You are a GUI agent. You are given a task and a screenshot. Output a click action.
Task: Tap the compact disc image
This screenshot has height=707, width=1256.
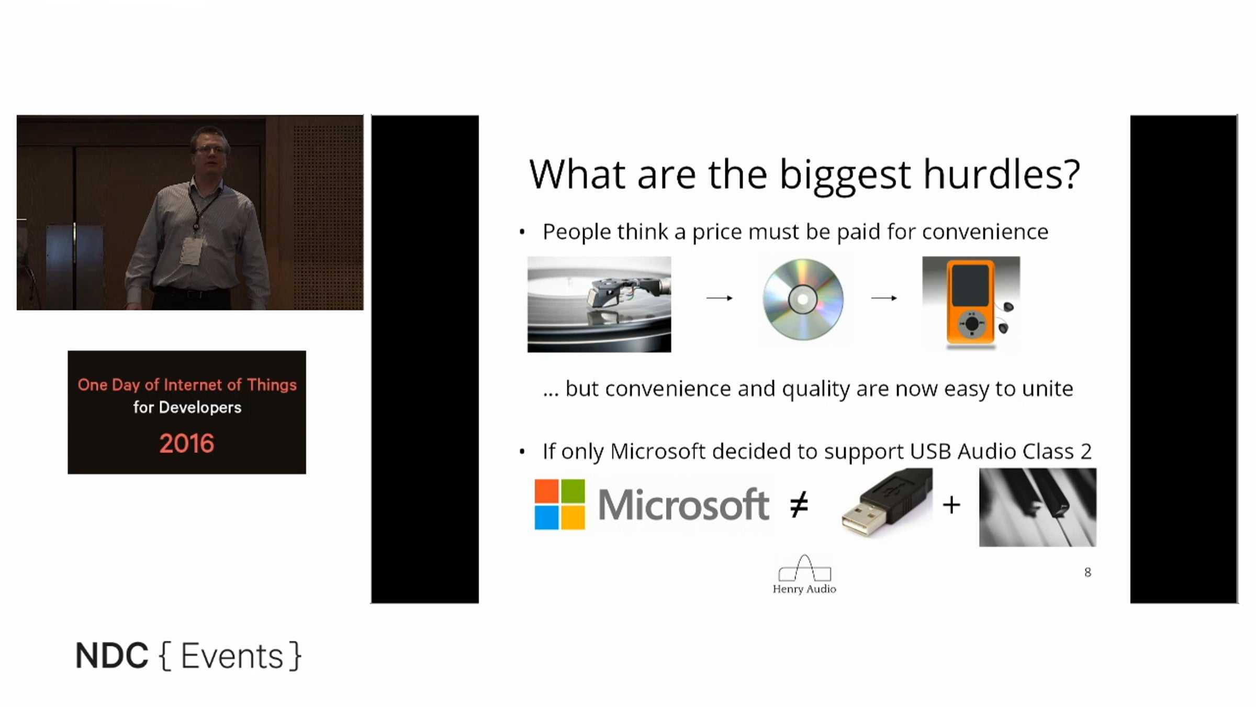point(803,300)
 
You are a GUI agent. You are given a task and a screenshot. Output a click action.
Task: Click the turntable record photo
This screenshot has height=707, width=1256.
point(599,304)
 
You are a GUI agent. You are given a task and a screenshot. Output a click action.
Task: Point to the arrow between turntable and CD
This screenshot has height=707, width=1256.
point(720,298)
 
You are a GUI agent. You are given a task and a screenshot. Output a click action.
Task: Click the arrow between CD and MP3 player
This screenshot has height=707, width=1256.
point(884,298)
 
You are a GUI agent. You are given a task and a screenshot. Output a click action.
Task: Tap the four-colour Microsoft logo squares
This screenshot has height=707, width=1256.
point(559,504)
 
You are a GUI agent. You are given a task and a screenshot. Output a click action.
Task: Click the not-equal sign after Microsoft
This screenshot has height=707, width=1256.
point(799,505)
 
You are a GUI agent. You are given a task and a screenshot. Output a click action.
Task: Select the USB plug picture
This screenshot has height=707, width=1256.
point(887,503)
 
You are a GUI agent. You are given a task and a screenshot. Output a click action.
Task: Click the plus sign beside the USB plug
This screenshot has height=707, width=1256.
point(951,505)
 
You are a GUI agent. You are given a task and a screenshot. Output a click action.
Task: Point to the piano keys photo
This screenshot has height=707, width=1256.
point(1038,507)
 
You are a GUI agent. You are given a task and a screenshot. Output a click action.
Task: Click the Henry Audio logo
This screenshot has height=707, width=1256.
point(804,575)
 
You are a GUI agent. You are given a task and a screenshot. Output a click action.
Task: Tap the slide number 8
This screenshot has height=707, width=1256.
point(1087,572)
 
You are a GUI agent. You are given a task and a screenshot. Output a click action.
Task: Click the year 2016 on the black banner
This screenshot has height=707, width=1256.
point(187,444)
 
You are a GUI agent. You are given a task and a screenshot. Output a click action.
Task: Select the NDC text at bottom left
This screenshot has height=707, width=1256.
point(112,656)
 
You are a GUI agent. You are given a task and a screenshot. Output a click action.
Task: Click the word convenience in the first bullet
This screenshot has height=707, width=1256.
point(985,231)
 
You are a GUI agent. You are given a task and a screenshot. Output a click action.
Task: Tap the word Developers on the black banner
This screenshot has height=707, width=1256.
point(200,407)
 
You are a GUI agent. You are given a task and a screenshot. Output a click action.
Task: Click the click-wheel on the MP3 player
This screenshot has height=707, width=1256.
point(972,324)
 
